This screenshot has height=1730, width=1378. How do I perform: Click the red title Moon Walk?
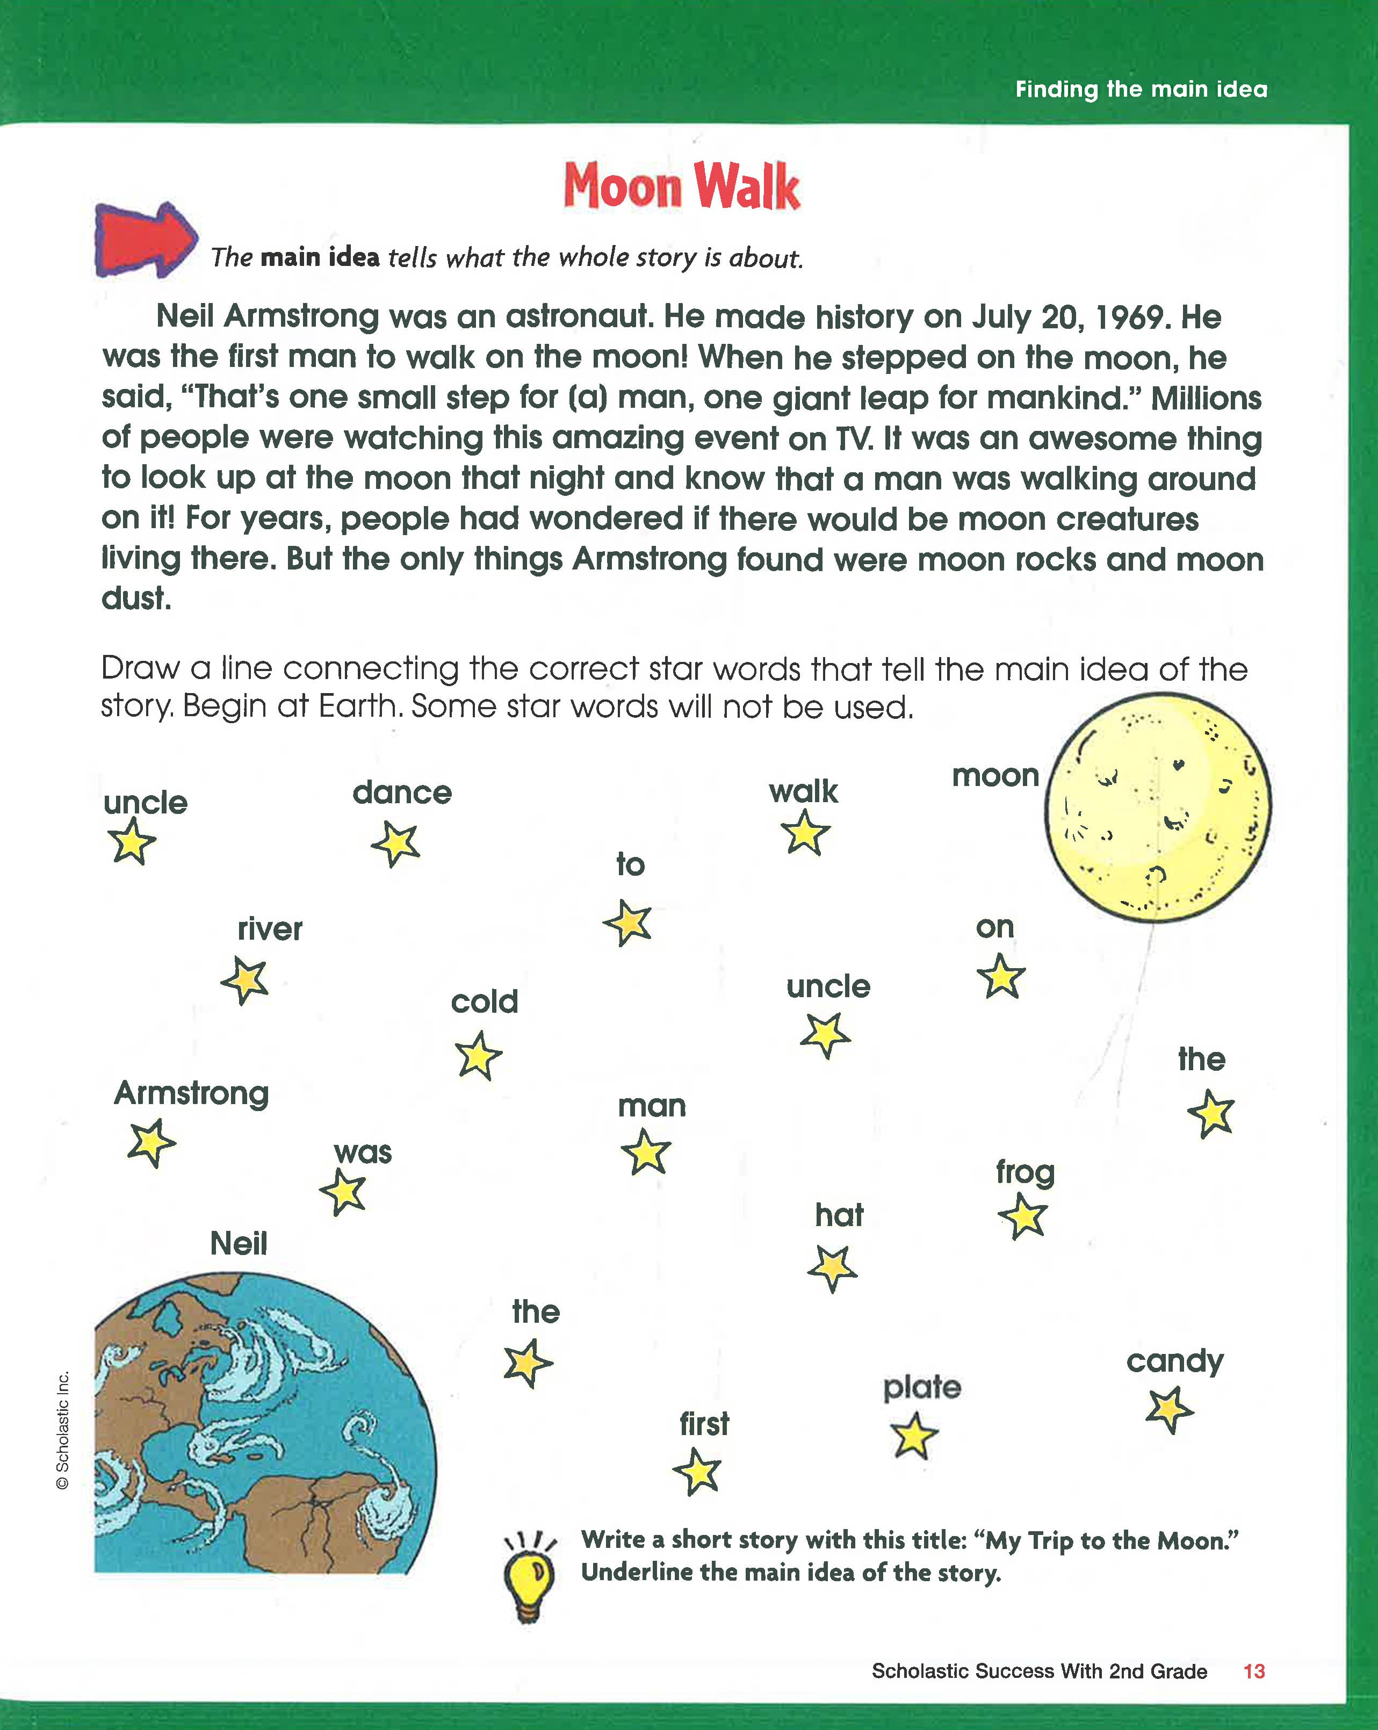coord(681,186)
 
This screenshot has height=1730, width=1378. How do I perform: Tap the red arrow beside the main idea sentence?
coord(145,239)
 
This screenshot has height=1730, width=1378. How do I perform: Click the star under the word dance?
coord(395,844)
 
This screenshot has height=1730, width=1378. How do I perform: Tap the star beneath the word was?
coord(343,1192)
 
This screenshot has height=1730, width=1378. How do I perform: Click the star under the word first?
coord(697,1472)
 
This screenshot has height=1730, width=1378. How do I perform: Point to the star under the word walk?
coord(805,833)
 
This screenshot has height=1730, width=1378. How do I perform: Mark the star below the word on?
coord(1001,977)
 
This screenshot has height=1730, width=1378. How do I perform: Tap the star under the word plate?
coord(914,1436)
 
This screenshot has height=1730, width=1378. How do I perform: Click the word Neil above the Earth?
coord(239,1244)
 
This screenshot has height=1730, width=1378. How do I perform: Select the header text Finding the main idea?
coord(1141,89)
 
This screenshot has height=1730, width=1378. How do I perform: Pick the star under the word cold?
coord(478,1056)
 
